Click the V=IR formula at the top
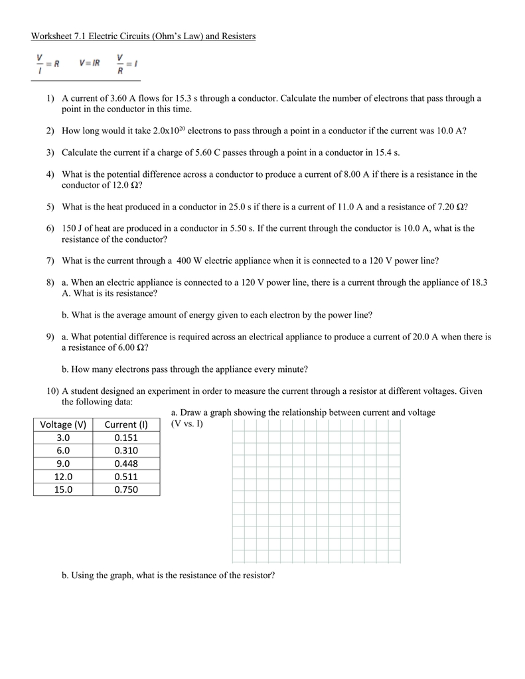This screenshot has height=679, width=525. (90, 64)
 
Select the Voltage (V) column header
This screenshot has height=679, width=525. (63, 424)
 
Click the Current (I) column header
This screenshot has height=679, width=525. (126, 424)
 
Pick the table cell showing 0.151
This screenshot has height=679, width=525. (126, 438)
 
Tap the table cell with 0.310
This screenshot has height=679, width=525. (126, 450)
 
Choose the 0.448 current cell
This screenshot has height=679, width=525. (126, 463)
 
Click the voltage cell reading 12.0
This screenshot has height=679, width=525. (63, 476)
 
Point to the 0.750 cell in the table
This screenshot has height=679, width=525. (126, 489)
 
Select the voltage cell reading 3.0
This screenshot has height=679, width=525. (63, 438)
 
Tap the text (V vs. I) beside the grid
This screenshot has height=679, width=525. (187, 423)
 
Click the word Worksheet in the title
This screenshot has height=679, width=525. (54, 36)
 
